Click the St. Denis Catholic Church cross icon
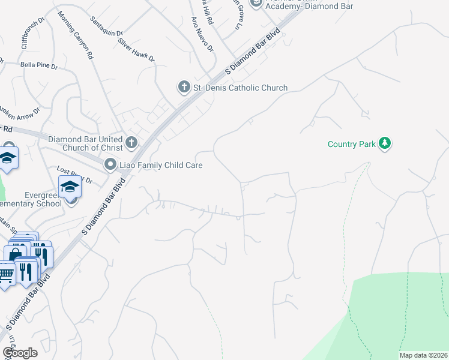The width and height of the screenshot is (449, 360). (184, 88)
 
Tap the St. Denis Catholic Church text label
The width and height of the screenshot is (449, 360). (240, 88)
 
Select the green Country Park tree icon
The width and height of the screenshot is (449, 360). (385, 143)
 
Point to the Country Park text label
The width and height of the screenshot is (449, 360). (352, 144)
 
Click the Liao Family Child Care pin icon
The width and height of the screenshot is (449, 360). (110, 164)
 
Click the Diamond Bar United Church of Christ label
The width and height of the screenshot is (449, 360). (85, 143)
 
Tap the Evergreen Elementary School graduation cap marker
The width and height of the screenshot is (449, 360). (70, 187)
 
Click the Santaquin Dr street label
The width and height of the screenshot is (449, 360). (106, 32)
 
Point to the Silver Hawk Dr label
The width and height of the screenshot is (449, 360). (137, 51)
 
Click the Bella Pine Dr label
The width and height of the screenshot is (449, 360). (38, 64)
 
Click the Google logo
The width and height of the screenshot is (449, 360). (20, 353)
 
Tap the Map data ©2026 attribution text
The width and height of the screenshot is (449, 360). (423, 355)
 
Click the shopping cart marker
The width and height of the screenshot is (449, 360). (6, 275)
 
